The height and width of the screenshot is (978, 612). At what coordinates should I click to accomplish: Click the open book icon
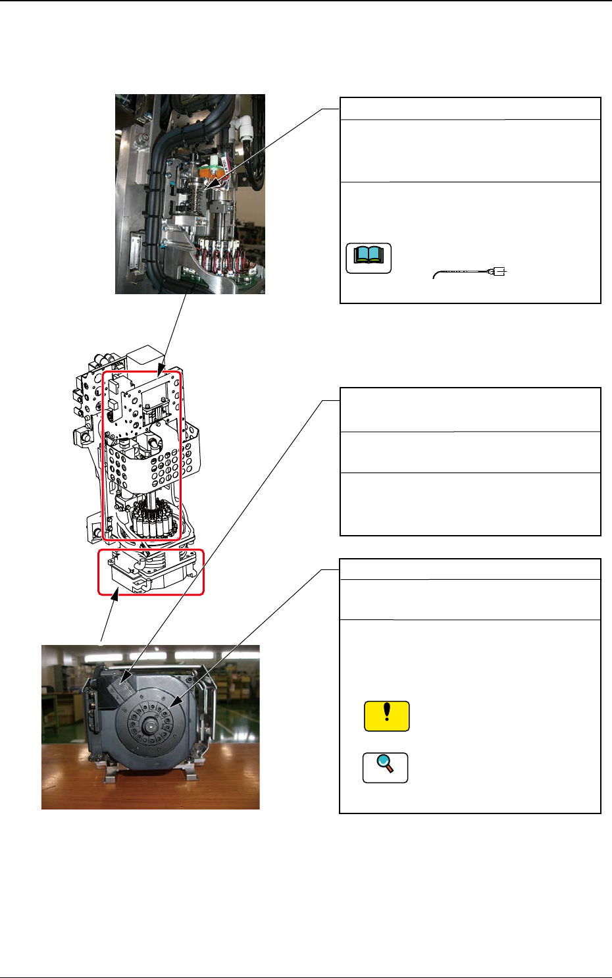369,258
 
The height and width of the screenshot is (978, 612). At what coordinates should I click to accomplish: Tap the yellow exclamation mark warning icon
387,716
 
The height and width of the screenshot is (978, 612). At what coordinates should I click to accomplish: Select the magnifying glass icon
386,767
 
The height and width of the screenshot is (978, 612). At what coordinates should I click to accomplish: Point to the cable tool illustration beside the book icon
470,272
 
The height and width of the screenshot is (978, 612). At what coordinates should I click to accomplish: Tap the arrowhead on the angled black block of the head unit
126,677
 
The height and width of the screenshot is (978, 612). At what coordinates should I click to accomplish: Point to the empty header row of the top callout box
470,109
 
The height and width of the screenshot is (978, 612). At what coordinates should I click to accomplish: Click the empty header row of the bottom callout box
470,569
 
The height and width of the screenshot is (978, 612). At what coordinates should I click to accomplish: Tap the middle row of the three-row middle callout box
470,452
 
